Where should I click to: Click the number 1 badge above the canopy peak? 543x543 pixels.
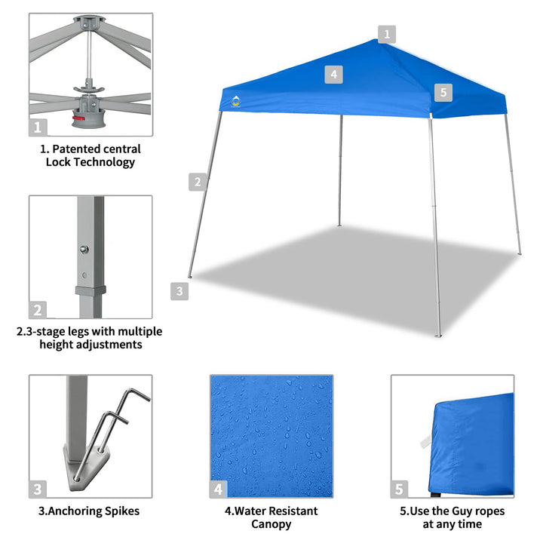(x=387, y=34)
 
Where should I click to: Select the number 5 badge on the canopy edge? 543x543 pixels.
(x=443, y=93)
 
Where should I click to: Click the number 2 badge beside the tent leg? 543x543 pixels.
(x=198, y=181)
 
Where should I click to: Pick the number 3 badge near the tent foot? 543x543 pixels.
(x=179, y=290)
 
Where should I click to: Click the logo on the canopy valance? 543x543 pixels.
(x=235, y=101)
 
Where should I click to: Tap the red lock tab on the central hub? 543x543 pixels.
(x=78, y=118)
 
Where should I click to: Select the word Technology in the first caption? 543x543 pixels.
(x=105, y=161)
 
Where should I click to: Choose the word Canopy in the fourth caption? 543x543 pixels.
(x=271, y=523)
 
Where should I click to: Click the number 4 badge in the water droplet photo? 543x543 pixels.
(x=218, y=489)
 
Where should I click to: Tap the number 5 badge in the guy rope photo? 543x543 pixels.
(x=400, y=489)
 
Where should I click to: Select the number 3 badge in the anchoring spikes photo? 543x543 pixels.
(x=38, y=489)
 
